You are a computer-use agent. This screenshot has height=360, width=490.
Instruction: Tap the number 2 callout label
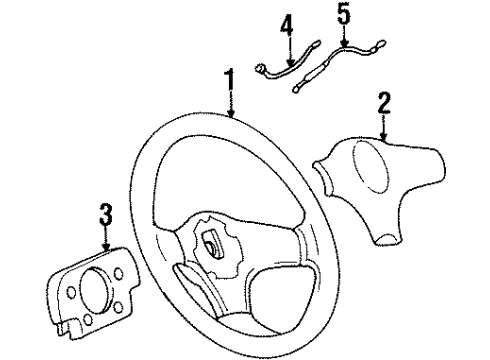click(384, 100)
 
